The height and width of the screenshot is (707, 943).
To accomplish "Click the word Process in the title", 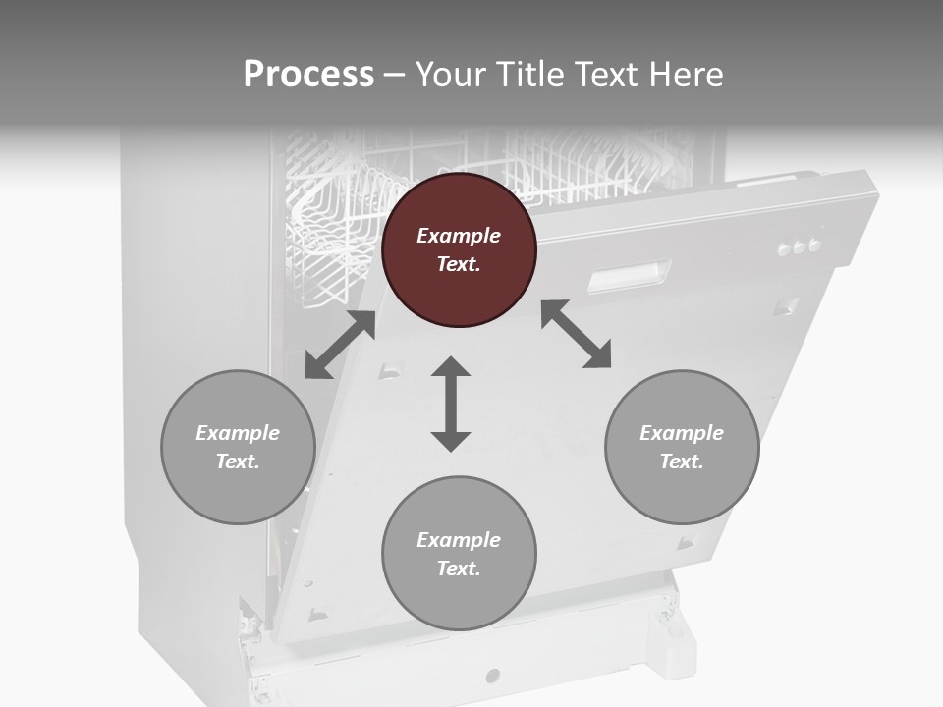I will click(308, 75).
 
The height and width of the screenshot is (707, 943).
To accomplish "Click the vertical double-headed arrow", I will click(451, 405).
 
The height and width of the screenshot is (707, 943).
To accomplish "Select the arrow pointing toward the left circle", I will click(340, 345).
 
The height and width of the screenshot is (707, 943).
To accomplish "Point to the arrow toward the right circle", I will click(577, 335).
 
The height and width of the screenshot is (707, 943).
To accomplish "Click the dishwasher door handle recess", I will click(629, 277).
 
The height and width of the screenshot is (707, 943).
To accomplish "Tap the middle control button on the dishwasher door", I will click(799, 247).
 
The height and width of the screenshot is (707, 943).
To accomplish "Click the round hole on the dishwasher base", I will click(493, 676).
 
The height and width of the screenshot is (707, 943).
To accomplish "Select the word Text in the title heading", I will click(614, 75).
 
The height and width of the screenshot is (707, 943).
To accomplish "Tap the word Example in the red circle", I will click(459, 236).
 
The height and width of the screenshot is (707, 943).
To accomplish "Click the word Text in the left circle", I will click(238, 462).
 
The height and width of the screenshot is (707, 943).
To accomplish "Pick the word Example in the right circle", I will click(682, 433).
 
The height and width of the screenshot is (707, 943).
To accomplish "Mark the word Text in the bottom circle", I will click(459, 569).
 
